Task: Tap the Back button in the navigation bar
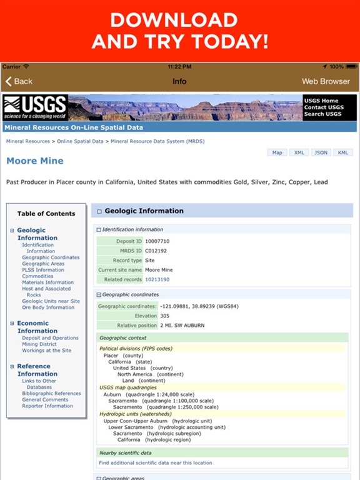[x=19, y=81]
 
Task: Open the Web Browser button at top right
[x=326, y=81]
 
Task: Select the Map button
[x=277, y=152]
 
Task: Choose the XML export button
[x=299, y=152]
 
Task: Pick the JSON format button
[x=321, y=152]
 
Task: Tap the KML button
[x=342, y=152]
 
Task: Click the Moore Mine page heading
[x=35, y=161]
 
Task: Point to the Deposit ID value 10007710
[x=157, y=241]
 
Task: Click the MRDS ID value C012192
[x=156, y=251]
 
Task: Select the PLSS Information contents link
[x=43, y=270]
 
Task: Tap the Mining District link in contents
[x=39, y=344]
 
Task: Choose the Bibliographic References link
[x=51, y=394]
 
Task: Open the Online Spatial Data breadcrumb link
[x=80, y=142]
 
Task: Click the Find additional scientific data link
[x=155, y=463]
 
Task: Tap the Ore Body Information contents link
[x=48, y=307]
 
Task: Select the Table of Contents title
[x=46, y=214]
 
